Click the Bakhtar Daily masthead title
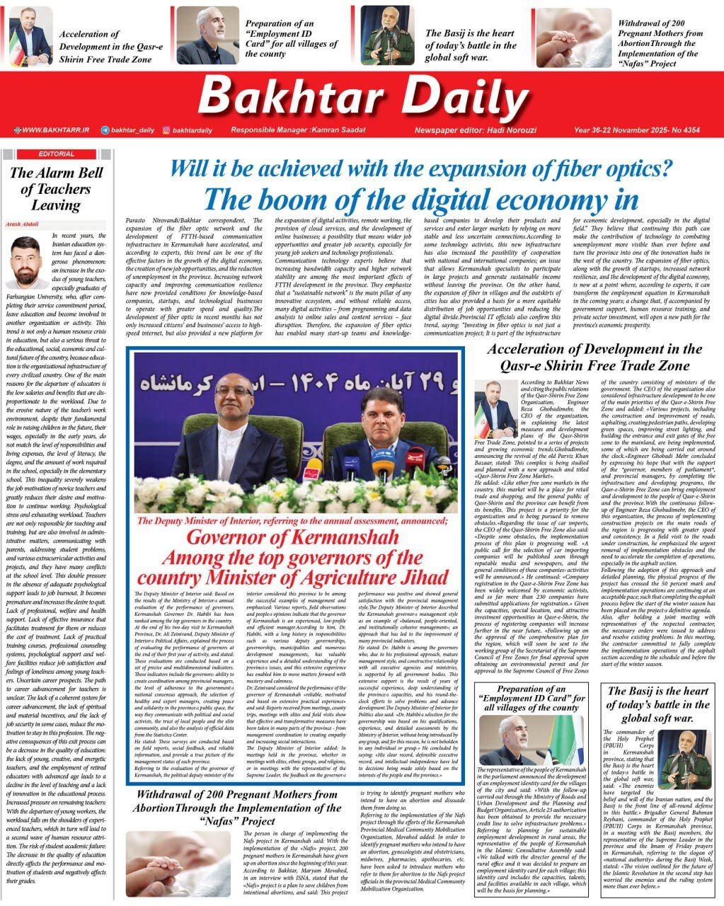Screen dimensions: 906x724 click(x=363, y=97)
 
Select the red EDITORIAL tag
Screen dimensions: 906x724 click(x=57, y=154)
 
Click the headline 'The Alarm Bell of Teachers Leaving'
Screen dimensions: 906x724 click(x=57, y=189)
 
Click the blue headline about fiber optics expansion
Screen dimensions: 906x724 click(x=420, y=170)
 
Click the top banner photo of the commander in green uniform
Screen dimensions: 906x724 click(x=388, y=36)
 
